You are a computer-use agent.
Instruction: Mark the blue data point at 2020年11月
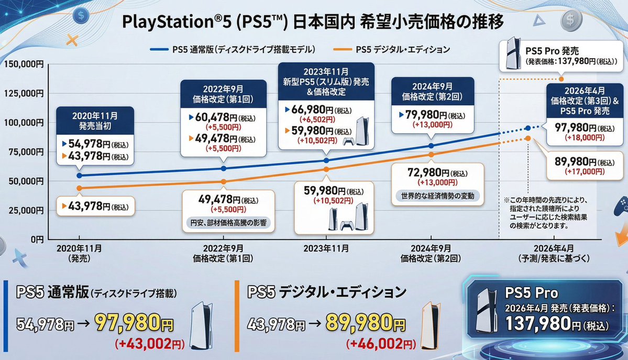(x=79, y=176)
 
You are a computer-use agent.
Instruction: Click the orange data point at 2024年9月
(x=431, y=155)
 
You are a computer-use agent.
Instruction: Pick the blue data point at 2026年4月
(x=527, y=127)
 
